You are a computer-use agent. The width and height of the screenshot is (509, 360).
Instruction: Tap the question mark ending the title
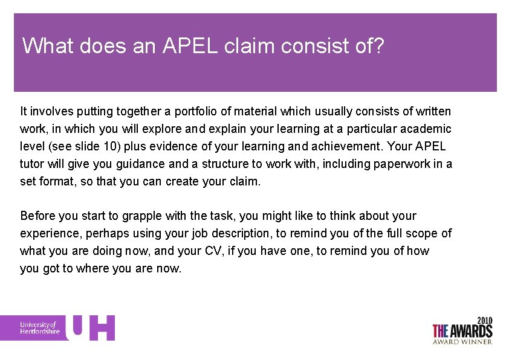[x=378, y=46]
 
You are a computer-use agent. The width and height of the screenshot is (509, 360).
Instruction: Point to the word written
[x=432, y=111]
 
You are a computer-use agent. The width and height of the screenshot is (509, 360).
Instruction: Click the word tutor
[x=31, y=164]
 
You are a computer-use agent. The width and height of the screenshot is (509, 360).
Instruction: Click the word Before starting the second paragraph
[x=38, y=216]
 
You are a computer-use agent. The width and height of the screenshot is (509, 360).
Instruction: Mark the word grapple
[x=141, y=216]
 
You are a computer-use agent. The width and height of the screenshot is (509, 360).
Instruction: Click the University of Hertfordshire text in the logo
[x=40, y=328]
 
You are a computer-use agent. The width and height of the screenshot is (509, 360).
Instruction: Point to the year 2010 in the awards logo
[x=484, y=320]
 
